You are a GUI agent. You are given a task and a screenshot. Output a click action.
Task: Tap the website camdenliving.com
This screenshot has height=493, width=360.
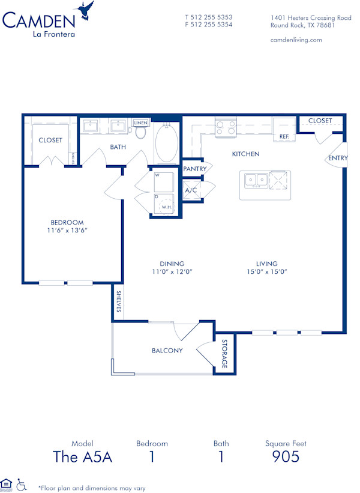coord(296,40)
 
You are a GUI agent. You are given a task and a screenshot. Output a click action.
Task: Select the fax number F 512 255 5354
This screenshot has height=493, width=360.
coord(208,25)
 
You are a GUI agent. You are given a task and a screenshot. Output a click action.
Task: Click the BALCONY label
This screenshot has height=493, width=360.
coord(167,350)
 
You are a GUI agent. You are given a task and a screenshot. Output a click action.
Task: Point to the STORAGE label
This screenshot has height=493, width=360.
coord(225,354)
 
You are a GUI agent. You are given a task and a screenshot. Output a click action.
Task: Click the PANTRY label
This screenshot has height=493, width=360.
coord(194,169)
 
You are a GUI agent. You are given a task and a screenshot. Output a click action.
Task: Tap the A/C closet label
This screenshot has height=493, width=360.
coord(191,190)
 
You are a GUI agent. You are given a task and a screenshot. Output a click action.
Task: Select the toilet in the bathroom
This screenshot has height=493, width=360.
coord(141,132)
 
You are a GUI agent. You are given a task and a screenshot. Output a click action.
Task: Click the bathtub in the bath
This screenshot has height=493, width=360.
coord(166,143)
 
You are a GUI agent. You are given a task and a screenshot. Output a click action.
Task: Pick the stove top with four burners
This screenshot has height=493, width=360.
coord(226,127)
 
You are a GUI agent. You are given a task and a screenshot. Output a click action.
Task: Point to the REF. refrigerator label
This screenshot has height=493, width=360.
coord(284,137)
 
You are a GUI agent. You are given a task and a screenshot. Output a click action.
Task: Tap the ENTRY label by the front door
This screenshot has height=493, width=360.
coord(337,158)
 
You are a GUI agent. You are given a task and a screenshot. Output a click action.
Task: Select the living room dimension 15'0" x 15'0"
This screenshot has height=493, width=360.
coord(266,272)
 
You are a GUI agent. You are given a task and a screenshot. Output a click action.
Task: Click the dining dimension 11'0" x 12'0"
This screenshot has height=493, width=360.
coord(172,272)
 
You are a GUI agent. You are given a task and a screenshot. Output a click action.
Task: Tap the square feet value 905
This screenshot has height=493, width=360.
coord(286,457)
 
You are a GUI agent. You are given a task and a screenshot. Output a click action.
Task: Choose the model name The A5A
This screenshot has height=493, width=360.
coord(83,457)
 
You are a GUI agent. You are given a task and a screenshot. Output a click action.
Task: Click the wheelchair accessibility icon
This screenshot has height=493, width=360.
coord(22,483)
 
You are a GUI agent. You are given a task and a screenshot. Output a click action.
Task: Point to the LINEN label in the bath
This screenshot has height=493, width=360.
coord(140,122)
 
